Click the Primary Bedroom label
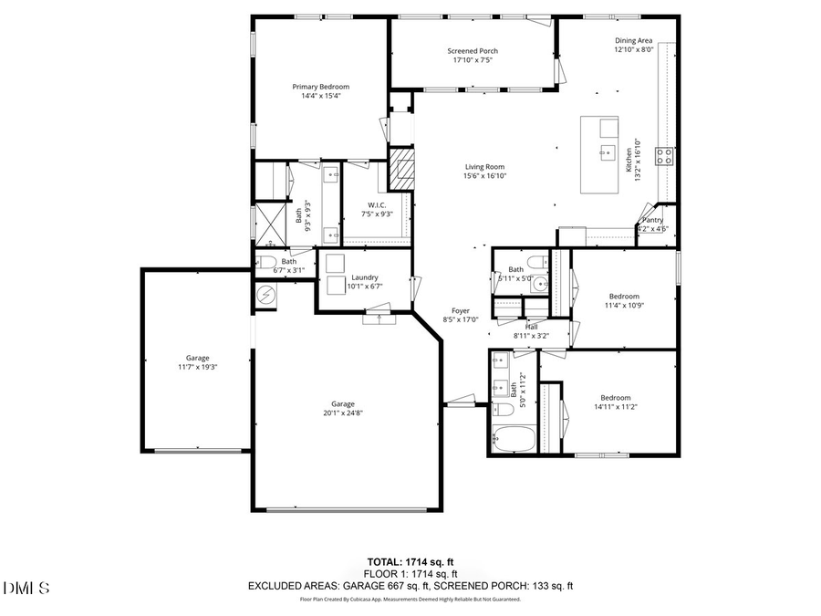click(x=320, y=87)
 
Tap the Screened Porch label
click(x=472, y=51)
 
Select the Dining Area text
click(x=632, y=40)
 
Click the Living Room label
click(x=484, y=167)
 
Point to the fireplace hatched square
click(x=401, y=168)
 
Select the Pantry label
click(x=653, y=220)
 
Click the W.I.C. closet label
click(x=379, y=204)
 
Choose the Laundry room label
click(x=364, y=277)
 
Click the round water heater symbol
click(x=266, y=294)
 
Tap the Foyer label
click(x=461, y=310)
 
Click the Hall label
click(x=531, y=326)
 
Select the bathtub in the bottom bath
click(x=513, y=438)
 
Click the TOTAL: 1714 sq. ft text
click(x=410, y=561)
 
